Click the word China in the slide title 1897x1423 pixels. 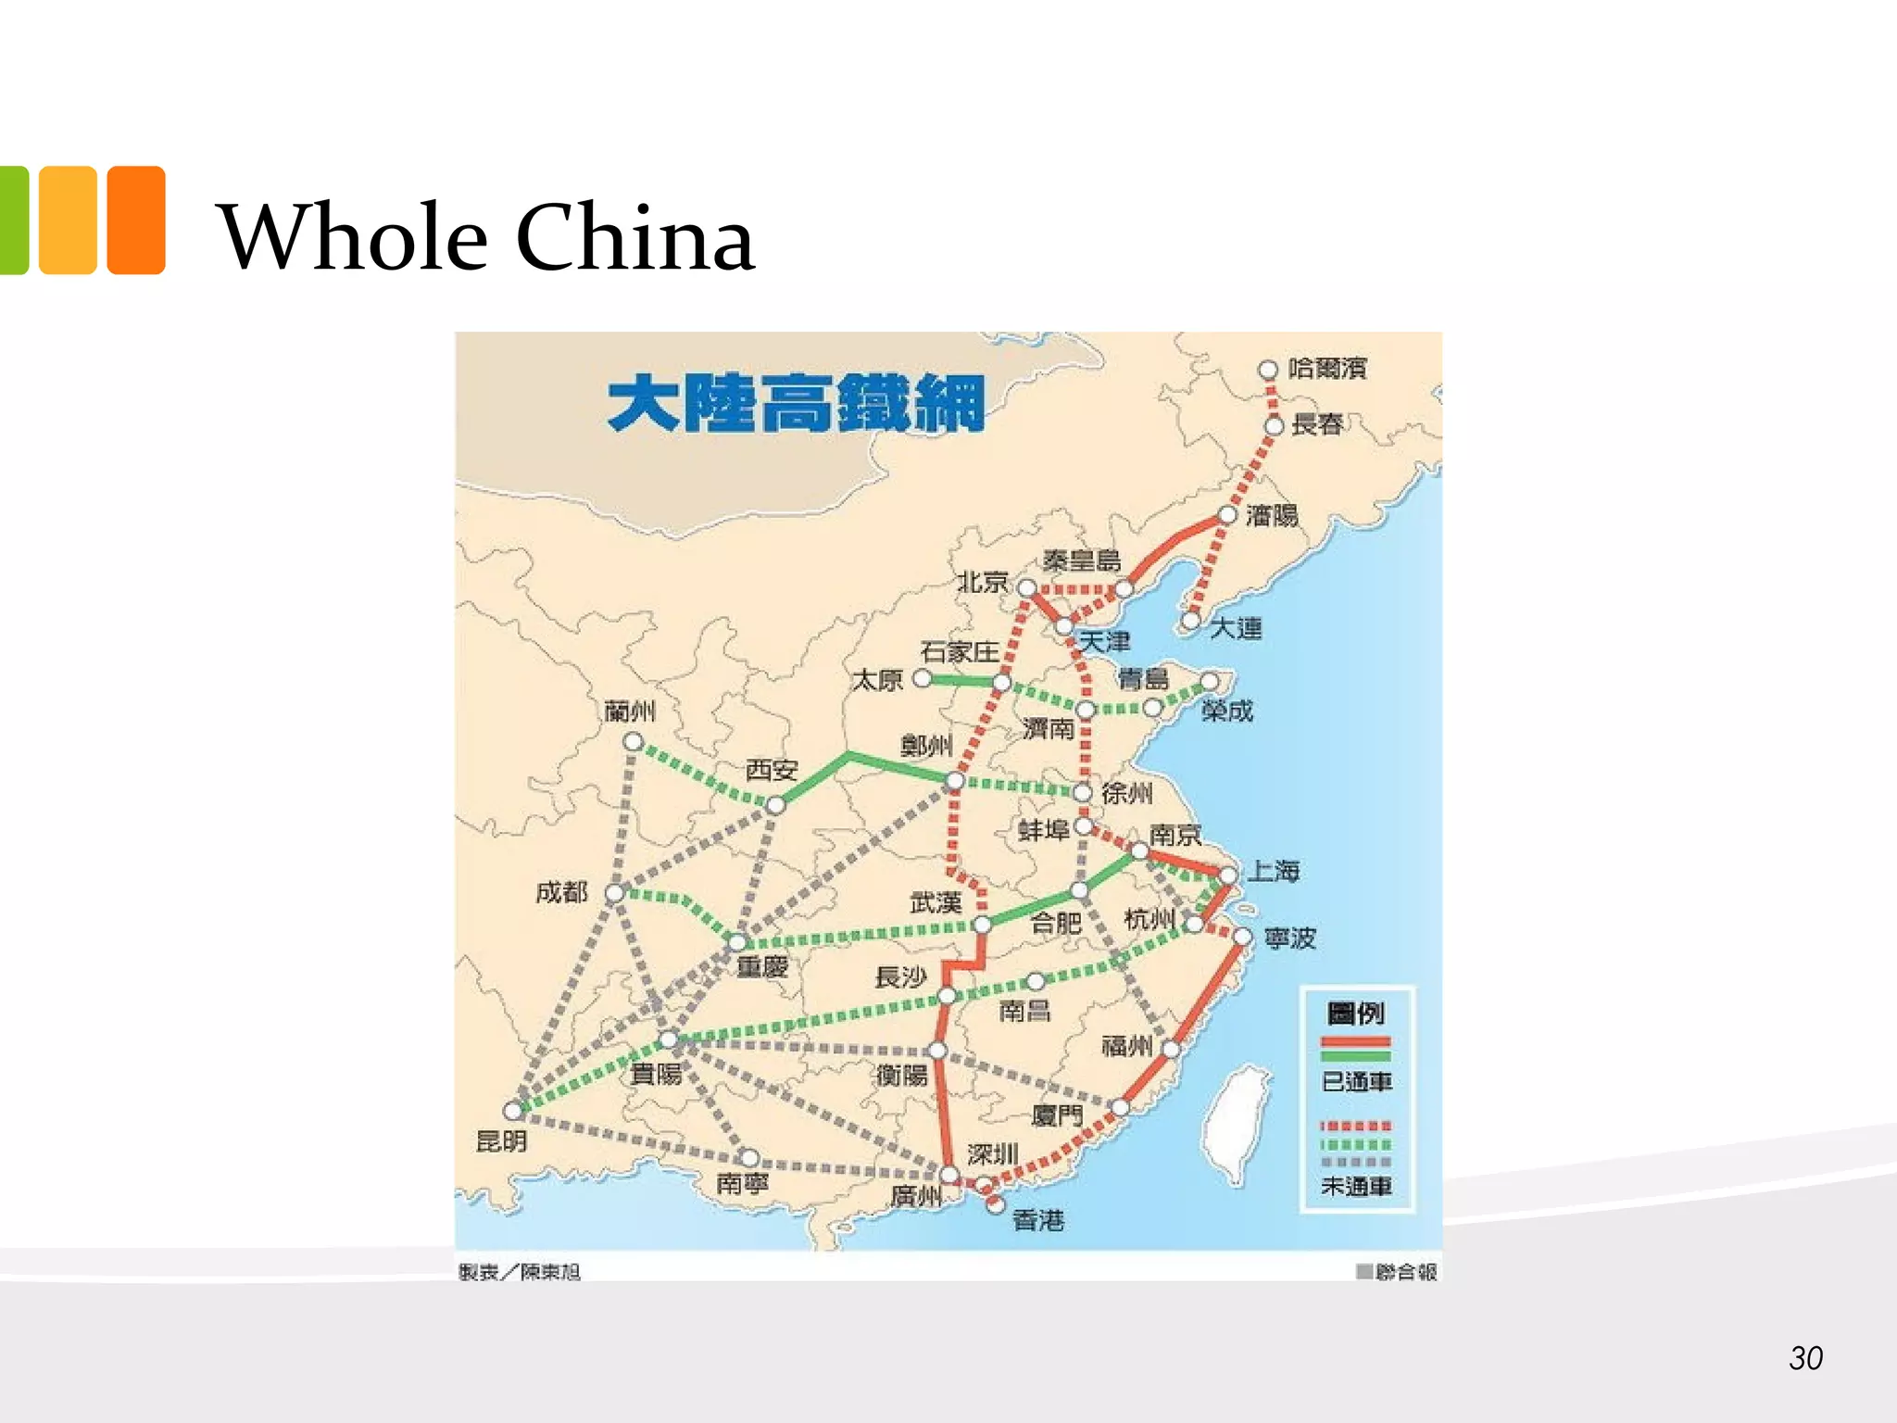click(x=634, y=238)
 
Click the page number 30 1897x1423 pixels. click(x=1805, y=1358)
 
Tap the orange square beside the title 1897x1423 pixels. click(x=136, y=220)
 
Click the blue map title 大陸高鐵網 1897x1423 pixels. click(x=796, y=403)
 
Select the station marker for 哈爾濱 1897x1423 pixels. click(x=1267, y=370)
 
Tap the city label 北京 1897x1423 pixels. click(x=983, y=582)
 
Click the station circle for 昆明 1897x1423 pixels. click(x=512, y=1110)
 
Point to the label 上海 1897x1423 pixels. click(x=1274, y=871)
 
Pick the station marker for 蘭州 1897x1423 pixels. click(x=633, y=741)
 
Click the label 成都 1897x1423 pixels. click(x=561, y=892)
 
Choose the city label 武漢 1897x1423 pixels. click(x=936, y=901)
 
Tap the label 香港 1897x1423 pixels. click(x=1038, y=1220)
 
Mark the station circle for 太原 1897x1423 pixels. click(x=922, y=678)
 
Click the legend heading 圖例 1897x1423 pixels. click(x=1355, y=1013)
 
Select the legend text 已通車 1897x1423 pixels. click(x=1356, y=1081)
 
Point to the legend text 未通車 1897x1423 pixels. click(x=1356, y=1186)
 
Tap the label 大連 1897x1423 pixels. click(x=1236, y=628)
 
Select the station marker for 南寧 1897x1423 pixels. click(x=748, y=1158)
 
